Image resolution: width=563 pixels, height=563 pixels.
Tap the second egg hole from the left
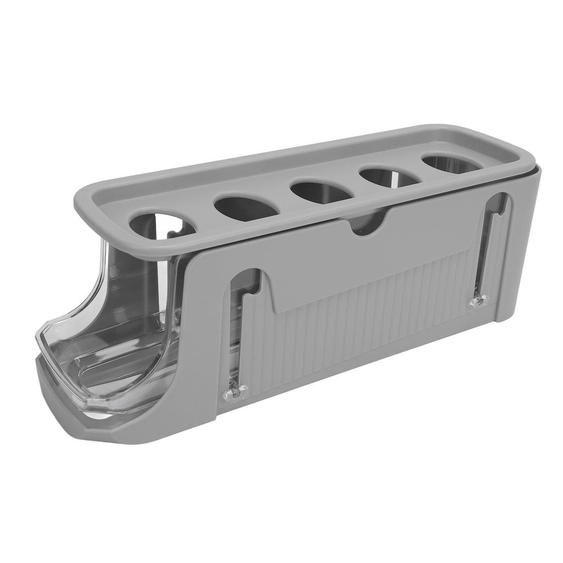[x=246, y=207]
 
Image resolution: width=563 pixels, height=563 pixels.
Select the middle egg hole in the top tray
[x=322, y=191]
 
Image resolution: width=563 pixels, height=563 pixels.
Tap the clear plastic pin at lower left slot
[x=235, y=391]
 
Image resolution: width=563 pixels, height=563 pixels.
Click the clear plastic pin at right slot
[x=479, y=301]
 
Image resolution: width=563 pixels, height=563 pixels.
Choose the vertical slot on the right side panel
[x=490, y=247]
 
